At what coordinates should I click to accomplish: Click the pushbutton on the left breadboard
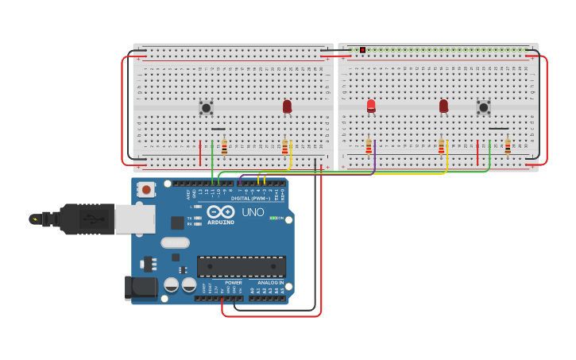click(206, 107)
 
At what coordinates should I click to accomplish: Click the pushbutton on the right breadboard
click(483, 107)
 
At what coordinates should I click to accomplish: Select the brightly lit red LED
click(371, 106)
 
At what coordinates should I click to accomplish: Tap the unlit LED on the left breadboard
click(287, 106)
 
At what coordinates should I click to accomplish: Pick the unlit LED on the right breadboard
click(443, 106)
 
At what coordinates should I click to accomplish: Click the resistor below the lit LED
click(369, 146)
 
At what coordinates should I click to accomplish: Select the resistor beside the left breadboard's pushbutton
click(224, 147)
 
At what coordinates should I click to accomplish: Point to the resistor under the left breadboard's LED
click(285, 147)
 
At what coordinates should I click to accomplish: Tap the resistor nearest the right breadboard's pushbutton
click(508, 147)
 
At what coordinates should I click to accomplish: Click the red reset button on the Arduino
click(145, 189)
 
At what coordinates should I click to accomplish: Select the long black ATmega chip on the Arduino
click(241, 266)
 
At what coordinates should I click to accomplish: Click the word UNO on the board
click(253, 212)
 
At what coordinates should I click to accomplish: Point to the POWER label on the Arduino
click(233, 282)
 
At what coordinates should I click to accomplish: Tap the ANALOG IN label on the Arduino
click(270, 282)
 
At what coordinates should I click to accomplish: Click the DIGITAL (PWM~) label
click(249, 198)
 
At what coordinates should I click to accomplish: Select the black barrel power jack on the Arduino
click(141, 288)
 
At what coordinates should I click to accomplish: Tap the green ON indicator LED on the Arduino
click(273, 218)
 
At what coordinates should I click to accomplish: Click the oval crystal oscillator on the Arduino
click(175, 242)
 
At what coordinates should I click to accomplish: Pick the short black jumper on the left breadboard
click(218, 129)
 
